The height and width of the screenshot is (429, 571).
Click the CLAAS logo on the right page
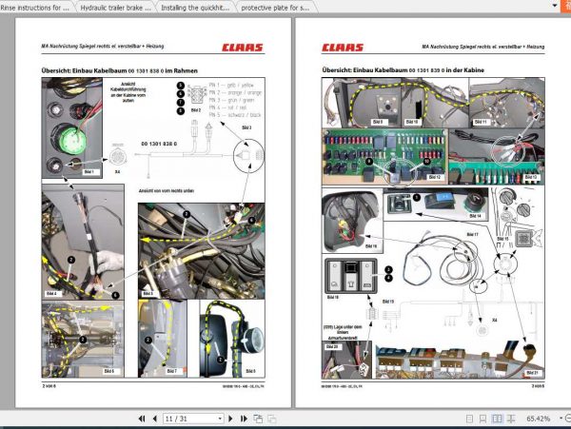click(343, 45)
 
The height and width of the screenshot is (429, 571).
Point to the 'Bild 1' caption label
click(89, 172)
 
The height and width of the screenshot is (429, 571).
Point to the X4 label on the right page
click(494, 321)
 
